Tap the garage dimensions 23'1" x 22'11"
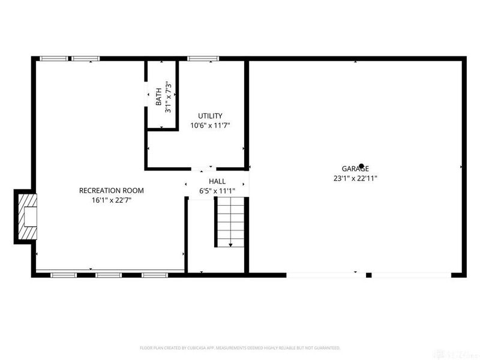tap(355, 178)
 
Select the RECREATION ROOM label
tap(112, 191)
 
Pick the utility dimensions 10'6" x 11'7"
tap(210, 125)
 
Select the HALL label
tap(217, 181)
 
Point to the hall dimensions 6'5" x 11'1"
tap(217, 191)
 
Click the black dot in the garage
tap(361, 166)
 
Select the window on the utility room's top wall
tap(197, 58)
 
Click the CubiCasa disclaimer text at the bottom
tap(240, 347)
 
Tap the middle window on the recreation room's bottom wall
tap(109, 275)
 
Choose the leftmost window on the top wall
tap(53, 58)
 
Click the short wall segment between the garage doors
tap(369, 275)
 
